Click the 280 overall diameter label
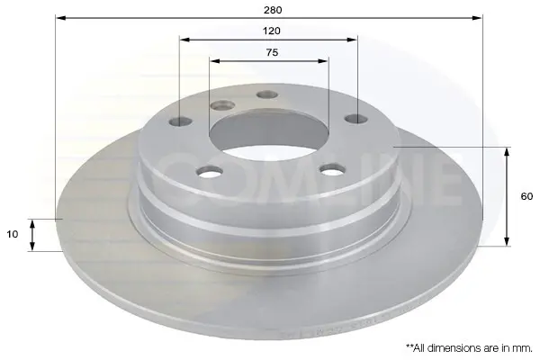tap(273, 10)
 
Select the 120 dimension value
tap(272, 31)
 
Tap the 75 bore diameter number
tap(272, 53)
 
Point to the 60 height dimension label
tap(526, 196)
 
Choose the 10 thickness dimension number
tap(12, 234)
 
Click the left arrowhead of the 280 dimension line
tap(60, 18)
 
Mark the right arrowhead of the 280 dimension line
tap(477, 18)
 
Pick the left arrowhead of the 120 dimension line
tap(184, 40)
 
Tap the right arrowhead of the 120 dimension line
tap(352, 40)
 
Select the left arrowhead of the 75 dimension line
tap(215, 61)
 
